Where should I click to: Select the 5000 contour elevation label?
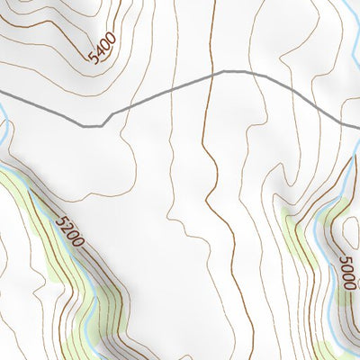[x=348, y=273]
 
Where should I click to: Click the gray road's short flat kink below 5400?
[x=92, y=126]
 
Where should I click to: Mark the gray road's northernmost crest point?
[x=225, y=71]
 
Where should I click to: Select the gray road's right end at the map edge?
[x=357, y=125]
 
